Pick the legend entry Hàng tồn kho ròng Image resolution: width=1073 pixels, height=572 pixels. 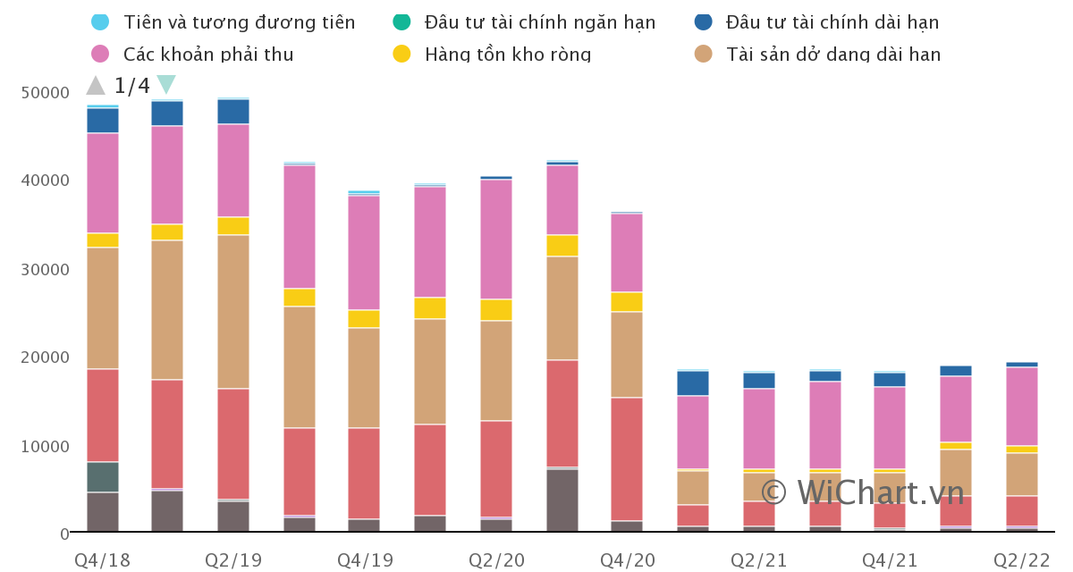click(x=507, y=55)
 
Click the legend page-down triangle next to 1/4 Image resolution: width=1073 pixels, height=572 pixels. click(x=165, y=85)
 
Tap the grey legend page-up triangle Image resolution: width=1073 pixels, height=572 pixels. click(x=96, y=86)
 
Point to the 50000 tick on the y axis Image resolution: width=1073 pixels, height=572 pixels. click(x=46, y=93)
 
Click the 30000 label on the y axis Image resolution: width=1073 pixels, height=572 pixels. click(x=46, y=270)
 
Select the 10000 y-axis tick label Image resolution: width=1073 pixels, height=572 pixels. click(x=46, y=446)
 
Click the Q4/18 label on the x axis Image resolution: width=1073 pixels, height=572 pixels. click(x=102, y=560)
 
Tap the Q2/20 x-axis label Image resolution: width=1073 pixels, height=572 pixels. click(x=497, y=560)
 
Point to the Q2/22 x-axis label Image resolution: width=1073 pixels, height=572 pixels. click(x=1022, y=560)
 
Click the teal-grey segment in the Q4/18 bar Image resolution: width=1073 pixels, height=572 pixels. click(x=103, y=477)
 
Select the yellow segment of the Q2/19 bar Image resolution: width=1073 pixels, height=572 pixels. click(x=233, y=226)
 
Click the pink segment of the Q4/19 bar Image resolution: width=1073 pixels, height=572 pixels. click(x=364, y=253)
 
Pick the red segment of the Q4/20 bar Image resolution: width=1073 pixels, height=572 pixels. click(x=627, y=459)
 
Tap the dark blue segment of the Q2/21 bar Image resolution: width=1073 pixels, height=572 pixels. click(x=759, y=381)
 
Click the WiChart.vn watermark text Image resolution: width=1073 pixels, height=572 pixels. click(x=863, y=492)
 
